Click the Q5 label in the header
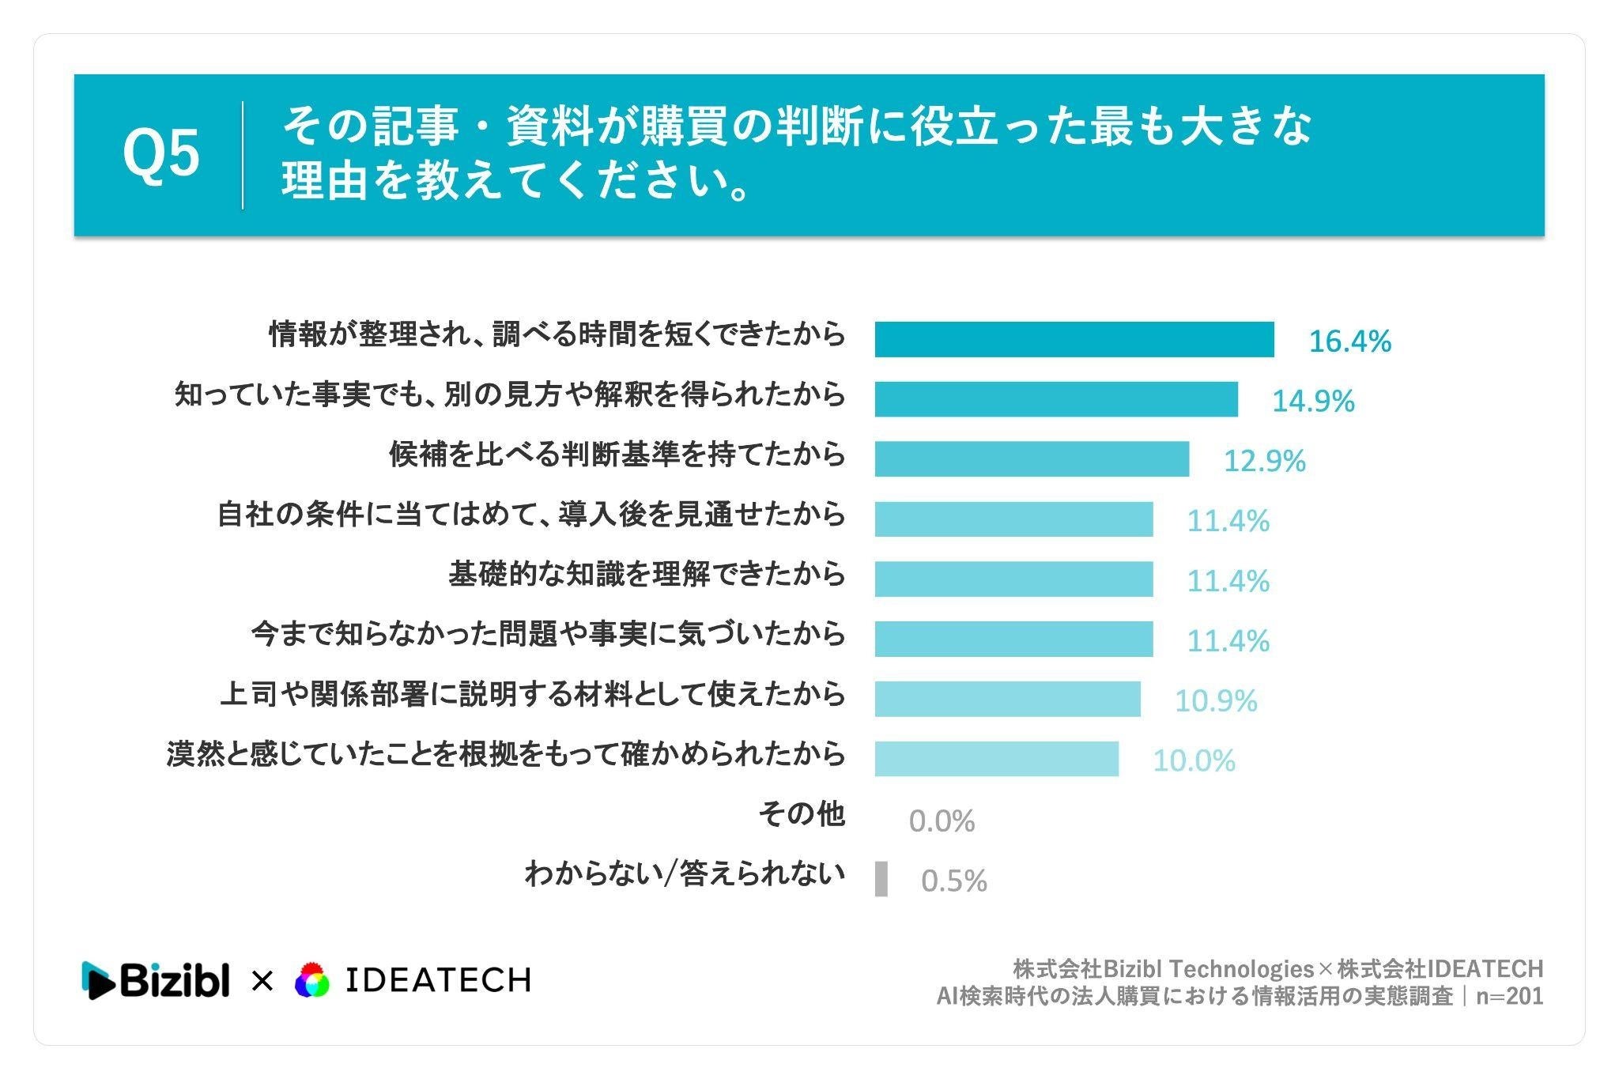pyautogui.click(x=160, y=154)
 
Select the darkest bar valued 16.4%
pyautogui.click(x=1074, y=340)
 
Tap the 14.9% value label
pyautogui.click(x=1313, y=401)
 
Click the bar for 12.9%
pyautogui.click(x=1032, y=459)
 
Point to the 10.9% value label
pyautogui.click(x=1216, y=700)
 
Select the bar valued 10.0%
pyautogui.click(x=997, y=759)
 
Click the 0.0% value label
pyautogui.click(x=942, y=821)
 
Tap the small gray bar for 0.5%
pyautogui.click(x=881, y=879)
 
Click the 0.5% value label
pyautogui.click(x=954, y=881)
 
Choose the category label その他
pyautogui.click(x=802, y=813)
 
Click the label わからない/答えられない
pyautogui.click(x=685, y=873)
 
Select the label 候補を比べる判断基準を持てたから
pyautogui.click(x=617, y=455)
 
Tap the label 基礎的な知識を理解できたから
pyautogui.click(x=647, y=574)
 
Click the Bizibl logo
pyautogui.click(x=156, y=980)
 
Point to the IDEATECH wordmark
pyautogui.click(x=439, y=980)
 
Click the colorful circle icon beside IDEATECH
pyautogui.click(x=311, y=981)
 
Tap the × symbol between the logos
pyautogui.click(x=262, y=982)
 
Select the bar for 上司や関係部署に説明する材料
pyautogui.click(x=1008, y=699)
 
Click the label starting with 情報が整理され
pyautogui.click(x=557, y=334)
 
